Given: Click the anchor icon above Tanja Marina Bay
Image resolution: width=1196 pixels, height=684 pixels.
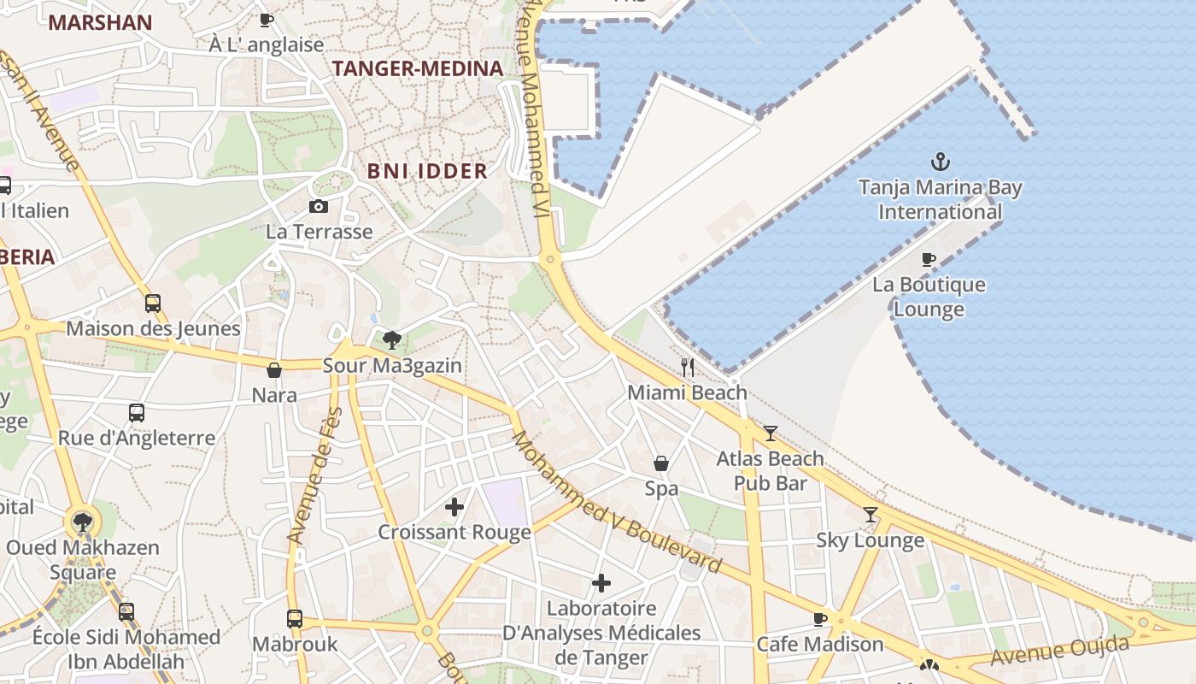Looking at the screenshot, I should [x=940, y=161].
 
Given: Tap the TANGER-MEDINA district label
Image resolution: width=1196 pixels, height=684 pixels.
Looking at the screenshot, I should [x=417, y=69].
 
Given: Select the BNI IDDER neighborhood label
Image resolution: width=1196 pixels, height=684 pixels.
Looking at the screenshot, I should [x=427, y=171].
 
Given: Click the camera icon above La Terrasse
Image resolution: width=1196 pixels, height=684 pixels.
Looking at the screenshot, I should [x=319, y=206].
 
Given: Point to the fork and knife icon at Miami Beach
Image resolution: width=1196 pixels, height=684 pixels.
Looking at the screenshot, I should [x=688, y=368].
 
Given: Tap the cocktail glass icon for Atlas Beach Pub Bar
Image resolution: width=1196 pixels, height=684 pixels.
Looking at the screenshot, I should [x=771, y=433].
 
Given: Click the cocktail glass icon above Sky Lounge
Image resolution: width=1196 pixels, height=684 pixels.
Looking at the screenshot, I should [x=871, y=514].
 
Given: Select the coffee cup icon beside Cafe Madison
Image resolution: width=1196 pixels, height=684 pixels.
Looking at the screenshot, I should [x=820, y=619].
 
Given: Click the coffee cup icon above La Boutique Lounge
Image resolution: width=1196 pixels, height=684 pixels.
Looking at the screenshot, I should [x=929, y=259].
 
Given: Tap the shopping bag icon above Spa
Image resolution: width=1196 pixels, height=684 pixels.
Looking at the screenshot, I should [x=661, y=463].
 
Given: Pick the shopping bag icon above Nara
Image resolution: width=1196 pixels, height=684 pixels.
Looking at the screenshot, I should [x=274, y=370].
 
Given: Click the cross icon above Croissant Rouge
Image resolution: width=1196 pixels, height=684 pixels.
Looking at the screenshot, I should [x=454, y=507].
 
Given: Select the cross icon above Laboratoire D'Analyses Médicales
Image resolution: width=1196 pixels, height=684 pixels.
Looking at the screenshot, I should [x=601, y=583].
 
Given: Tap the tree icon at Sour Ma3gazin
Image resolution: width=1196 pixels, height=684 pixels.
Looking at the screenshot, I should [x=392, y=340].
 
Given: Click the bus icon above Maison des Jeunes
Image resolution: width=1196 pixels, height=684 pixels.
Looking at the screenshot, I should [x=153, y=303].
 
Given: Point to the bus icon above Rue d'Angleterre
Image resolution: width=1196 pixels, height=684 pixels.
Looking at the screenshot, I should [x=137, y=413].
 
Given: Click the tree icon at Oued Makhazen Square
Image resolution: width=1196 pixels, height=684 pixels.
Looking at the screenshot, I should [x=83, y=522].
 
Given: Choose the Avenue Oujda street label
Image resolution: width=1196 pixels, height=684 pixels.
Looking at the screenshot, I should [x=1059, y=652].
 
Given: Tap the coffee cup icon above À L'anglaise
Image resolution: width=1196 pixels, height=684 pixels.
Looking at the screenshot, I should [x=267, y=19].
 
